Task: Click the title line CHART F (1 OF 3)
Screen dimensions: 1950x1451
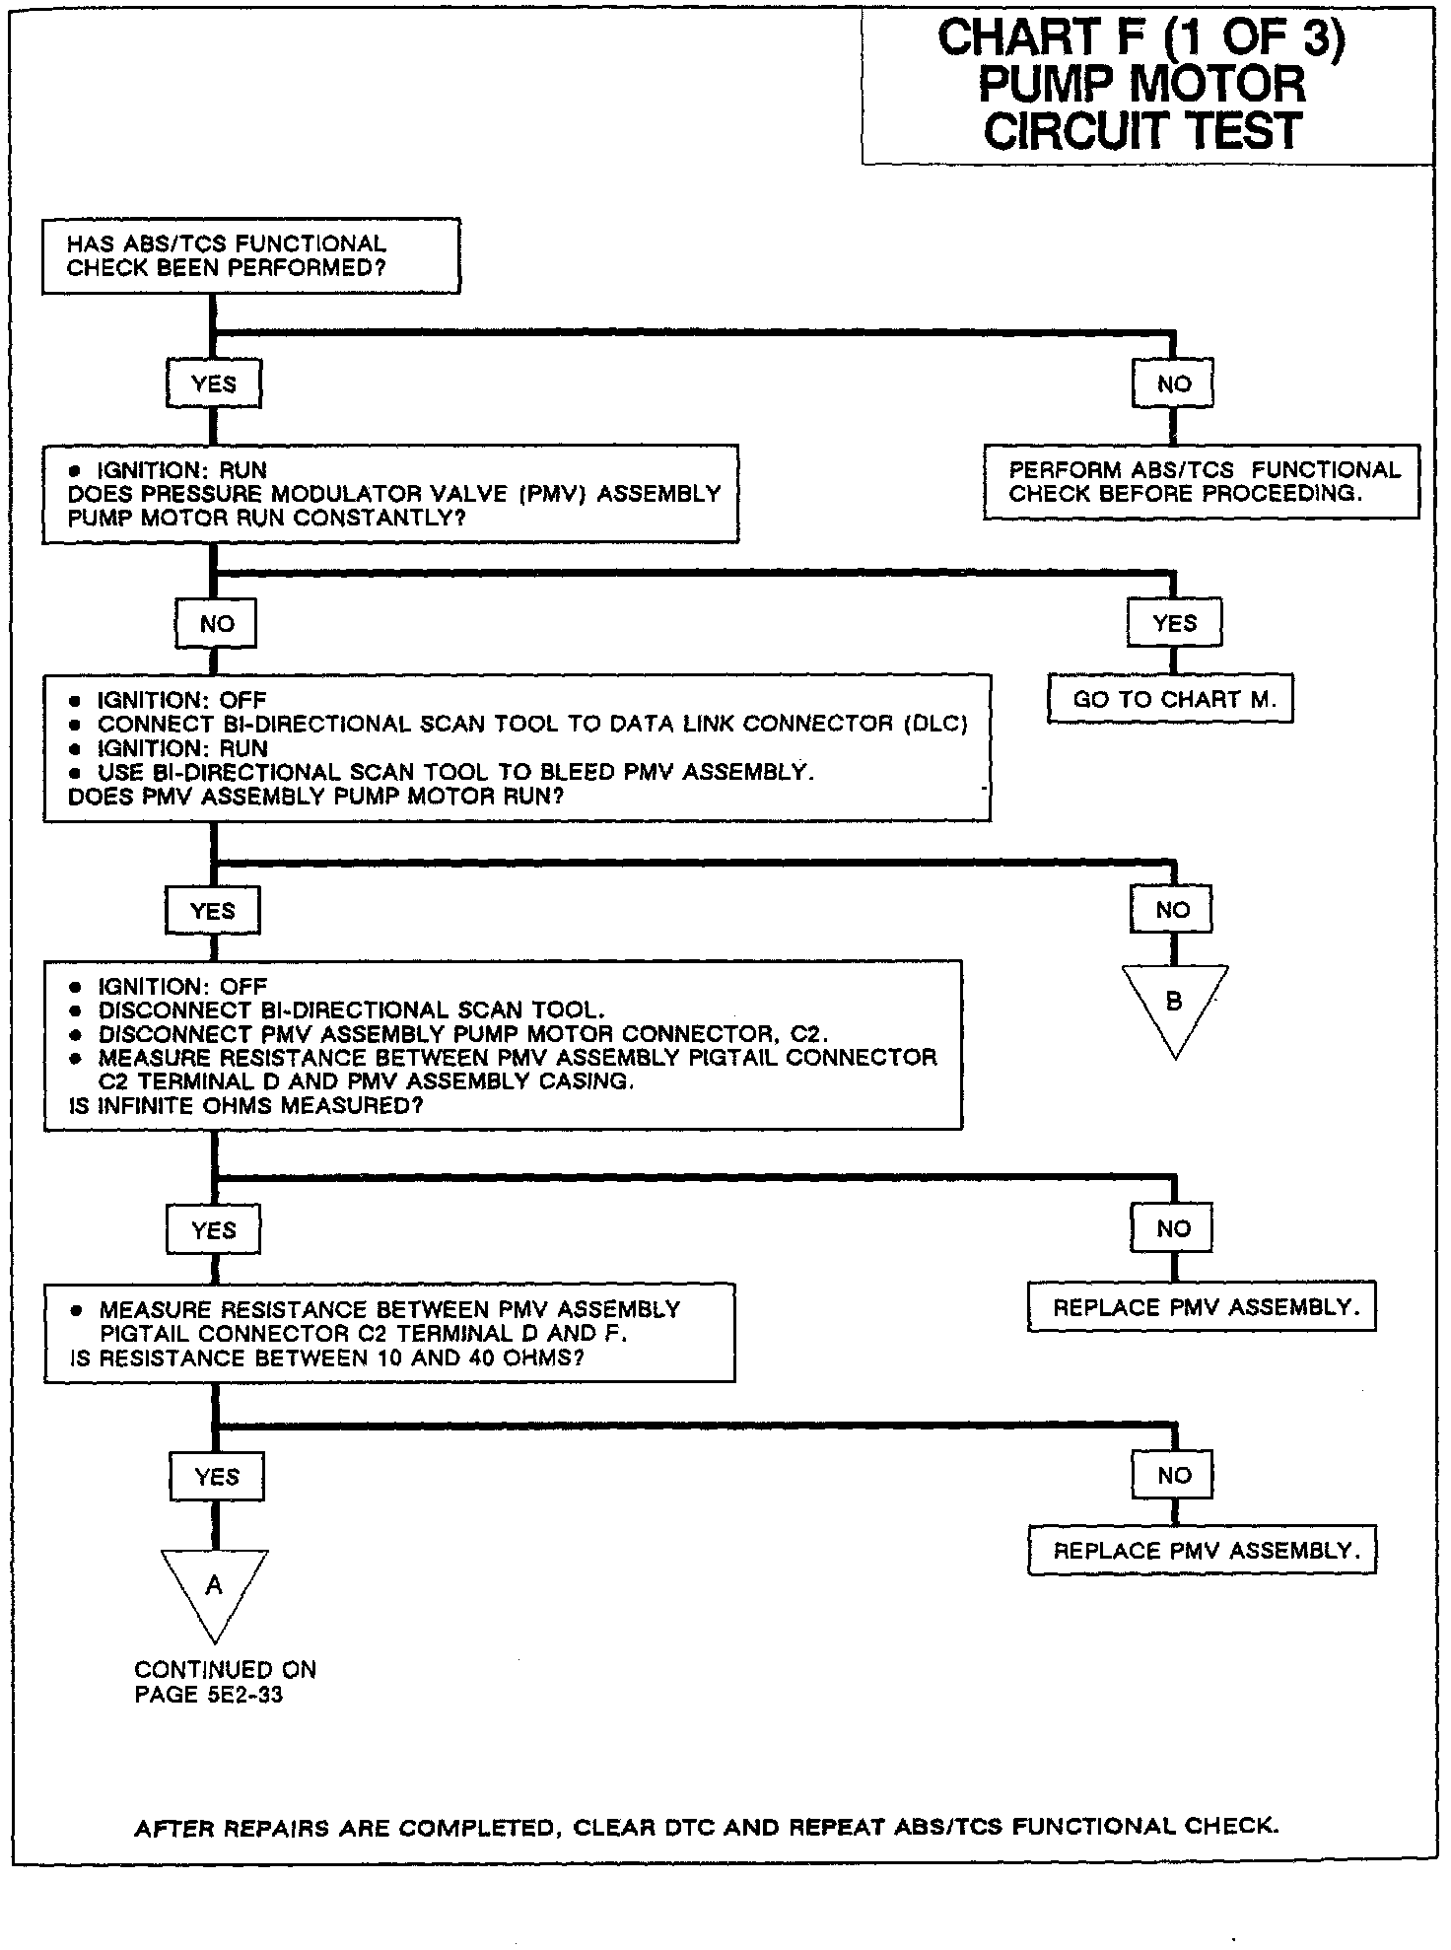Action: pos(1141,38)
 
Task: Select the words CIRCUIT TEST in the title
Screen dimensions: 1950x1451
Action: pos(1142,131)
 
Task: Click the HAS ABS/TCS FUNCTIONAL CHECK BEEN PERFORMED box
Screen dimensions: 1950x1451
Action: pos(250,256)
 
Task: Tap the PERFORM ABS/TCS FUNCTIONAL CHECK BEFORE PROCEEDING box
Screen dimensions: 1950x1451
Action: pos(1202,482)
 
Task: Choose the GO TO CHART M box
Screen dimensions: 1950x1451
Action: pos(1170,700)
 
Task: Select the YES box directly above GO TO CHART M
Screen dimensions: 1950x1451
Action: pos(1174,623)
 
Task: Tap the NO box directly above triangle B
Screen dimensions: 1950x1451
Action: pos(1172,910)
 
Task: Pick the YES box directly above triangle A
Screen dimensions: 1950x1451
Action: pos(216,1477)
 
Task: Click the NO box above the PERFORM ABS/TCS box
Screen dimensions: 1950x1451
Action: pos(1173,384)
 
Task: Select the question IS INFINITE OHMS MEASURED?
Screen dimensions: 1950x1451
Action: pos(245,1106)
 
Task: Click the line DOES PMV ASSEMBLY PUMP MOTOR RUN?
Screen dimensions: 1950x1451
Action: pos(315,797)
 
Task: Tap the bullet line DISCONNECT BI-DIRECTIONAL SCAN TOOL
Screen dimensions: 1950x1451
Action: pos(351,1010)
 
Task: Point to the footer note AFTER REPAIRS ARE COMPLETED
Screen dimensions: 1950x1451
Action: pos(706,1827)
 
